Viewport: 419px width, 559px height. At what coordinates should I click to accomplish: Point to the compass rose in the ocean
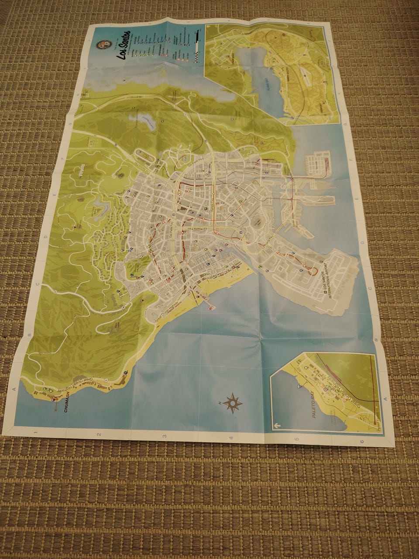click(x=233, y=403)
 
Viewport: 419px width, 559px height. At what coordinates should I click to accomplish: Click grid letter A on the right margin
click(x=385, y=399)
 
